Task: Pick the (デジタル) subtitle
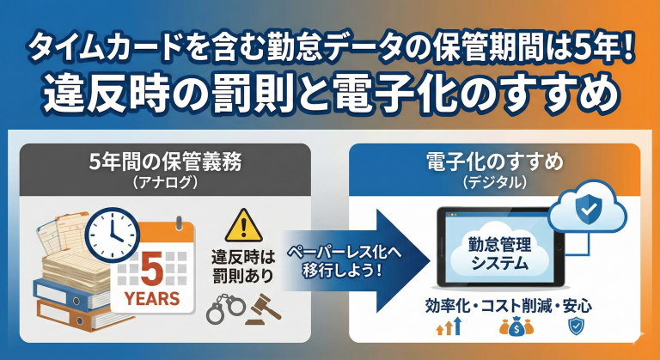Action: tap(494, 182)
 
